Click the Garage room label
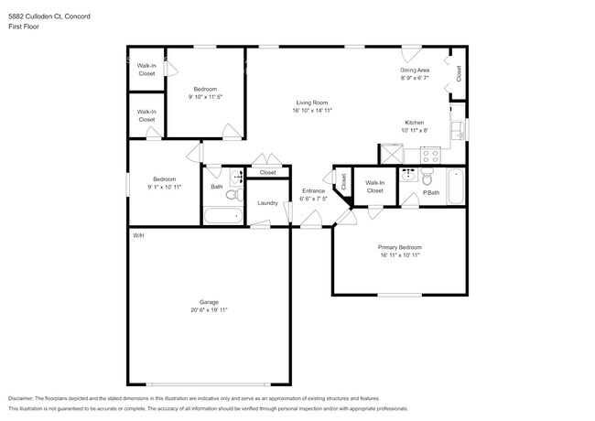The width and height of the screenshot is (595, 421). (x=210, y=301)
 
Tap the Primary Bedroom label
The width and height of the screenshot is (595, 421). (x=400, y=247)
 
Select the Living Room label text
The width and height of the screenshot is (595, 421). (x=312, y=103)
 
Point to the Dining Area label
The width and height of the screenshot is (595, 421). (x=416, y=70)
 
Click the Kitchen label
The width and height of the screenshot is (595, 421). (x=415, y=123)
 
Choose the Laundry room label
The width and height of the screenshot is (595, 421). (x=267, y=203)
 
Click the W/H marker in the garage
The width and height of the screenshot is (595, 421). (x=138, y=236)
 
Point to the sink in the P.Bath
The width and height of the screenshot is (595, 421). (x=409, y=176)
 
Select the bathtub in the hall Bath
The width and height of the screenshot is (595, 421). (x=222, y=217)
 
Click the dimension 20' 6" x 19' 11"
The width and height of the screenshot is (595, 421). (x=210, y=310)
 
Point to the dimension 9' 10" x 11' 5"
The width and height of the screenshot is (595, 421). (x=205, y=96)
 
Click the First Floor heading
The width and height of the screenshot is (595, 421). (x=25, y=27)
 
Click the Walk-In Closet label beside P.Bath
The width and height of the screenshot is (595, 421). (x=375, y=187)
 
